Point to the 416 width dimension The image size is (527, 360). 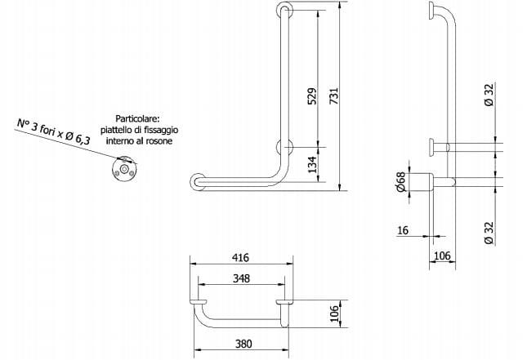(x=241, y=256)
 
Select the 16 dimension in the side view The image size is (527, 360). (x=403, y=230)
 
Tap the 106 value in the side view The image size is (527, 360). (x=442, y=256)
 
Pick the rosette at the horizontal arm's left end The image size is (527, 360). (x=195, y=182)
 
